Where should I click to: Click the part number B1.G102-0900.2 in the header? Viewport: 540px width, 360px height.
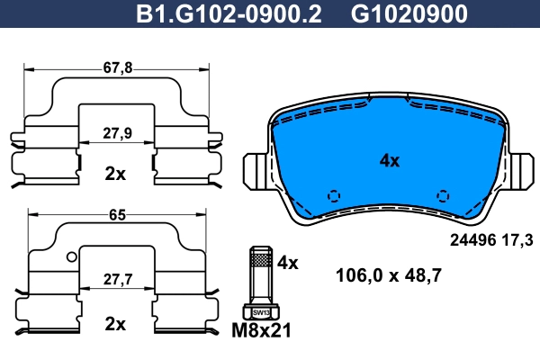tap(229, 13)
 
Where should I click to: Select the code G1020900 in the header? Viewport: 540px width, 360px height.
tap(409, 13)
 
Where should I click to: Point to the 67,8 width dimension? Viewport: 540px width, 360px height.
tap(118, 67)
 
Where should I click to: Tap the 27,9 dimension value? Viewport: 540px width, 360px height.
tap(117, 133)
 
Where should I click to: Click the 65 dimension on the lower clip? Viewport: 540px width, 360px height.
tap(117, 215)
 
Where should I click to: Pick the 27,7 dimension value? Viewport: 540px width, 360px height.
tap(118, 279)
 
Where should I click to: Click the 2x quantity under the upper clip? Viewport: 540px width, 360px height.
tap(115, 174)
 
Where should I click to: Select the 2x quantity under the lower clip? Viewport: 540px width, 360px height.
tap(115, 324)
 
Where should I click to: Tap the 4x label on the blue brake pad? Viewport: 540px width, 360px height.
tap(390, 160)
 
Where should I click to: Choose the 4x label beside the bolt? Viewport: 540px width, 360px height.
tap(288, 263)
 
